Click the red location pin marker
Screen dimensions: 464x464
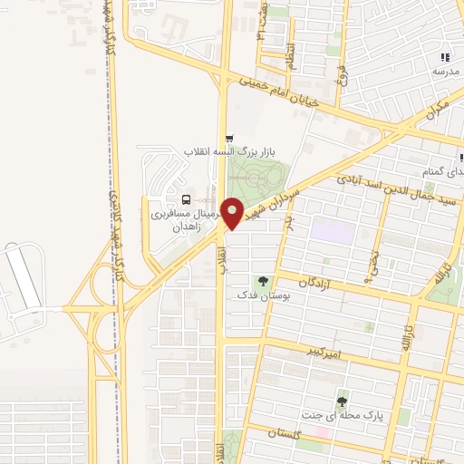(232, 213)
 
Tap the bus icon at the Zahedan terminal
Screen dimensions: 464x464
(186, 199)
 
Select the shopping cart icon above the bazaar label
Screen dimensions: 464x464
(228, 137)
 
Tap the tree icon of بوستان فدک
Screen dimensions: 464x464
(264, 282)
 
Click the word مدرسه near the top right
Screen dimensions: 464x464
(445, 71)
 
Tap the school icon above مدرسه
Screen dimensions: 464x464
(444, 55)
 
